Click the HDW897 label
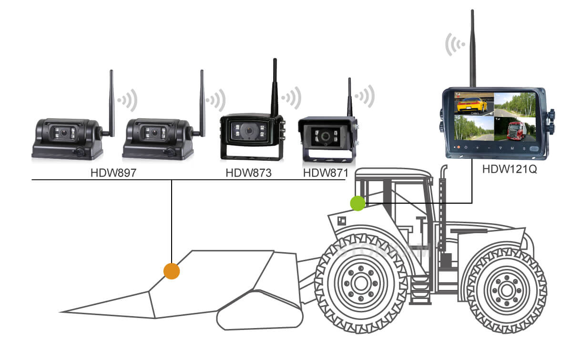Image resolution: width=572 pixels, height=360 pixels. click(113, 173)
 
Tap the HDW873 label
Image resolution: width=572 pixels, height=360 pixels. click(248, 173)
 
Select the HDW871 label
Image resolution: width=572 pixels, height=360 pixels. click(326, 173)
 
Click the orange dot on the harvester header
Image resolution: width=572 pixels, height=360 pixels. click(171, 271)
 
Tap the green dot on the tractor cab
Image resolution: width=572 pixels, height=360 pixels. click(357, 203)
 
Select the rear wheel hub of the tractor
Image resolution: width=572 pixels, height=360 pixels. click(505, 288)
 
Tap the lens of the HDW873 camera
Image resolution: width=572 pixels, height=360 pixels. click(246, 130)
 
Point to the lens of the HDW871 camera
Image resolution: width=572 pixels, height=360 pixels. click(326, 136)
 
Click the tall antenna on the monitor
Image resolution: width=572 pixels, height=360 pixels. click(472, 48)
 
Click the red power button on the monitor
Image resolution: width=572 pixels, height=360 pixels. click(459, 148)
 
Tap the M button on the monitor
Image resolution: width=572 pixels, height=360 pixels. click(512, 148)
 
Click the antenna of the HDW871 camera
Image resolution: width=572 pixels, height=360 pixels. click(349, 98)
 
